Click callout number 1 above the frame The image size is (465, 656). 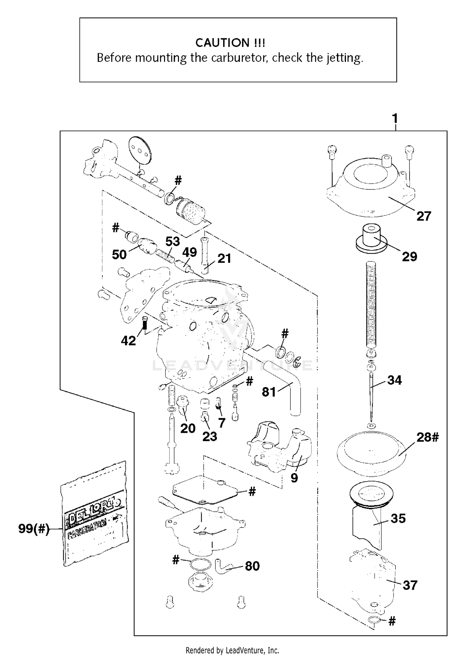395,118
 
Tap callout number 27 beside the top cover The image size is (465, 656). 423,216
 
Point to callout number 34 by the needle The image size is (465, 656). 394,380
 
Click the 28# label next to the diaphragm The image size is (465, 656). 427,437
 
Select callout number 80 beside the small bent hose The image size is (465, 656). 252,566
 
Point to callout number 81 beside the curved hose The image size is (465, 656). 268,392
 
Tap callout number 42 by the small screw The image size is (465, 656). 128,341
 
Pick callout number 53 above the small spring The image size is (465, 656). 172,241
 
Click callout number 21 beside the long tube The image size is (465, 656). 224,258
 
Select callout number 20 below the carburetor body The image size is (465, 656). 188,428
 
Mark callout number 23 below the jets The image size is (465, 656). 210,437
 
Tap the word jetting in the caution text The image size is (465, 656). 344,58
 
